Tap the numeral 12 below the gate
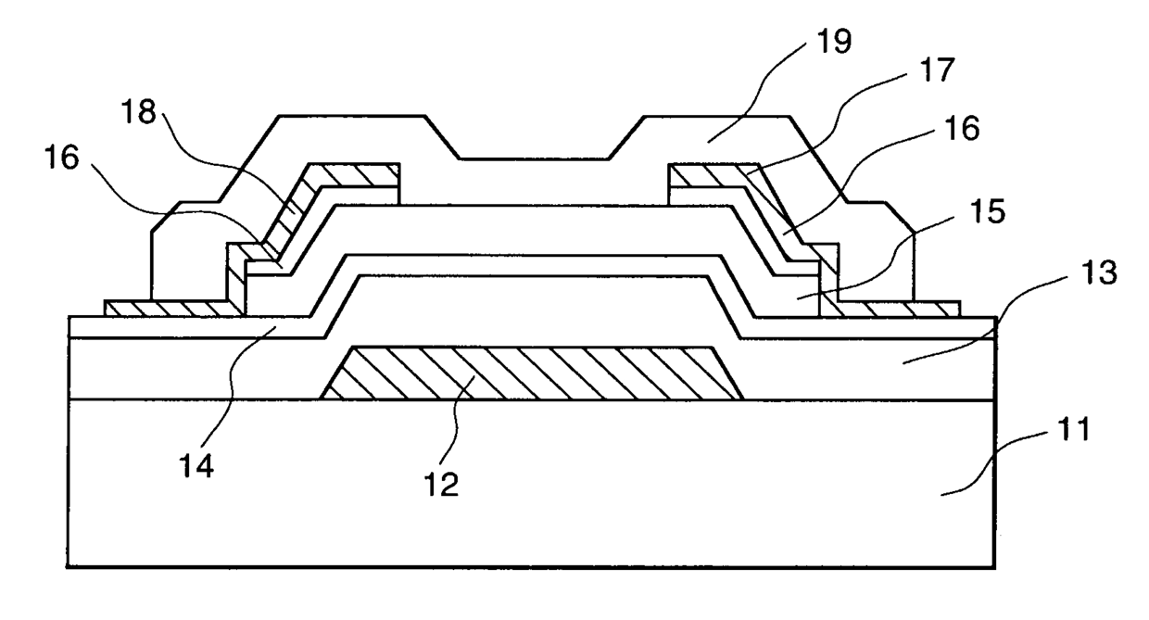(x=443, y=485)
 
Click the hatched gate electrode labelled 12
(x=528, y=373)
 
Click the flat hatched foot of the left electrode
(x=167, y=308)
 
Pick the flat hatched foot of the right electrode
(x=899, y=308)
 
